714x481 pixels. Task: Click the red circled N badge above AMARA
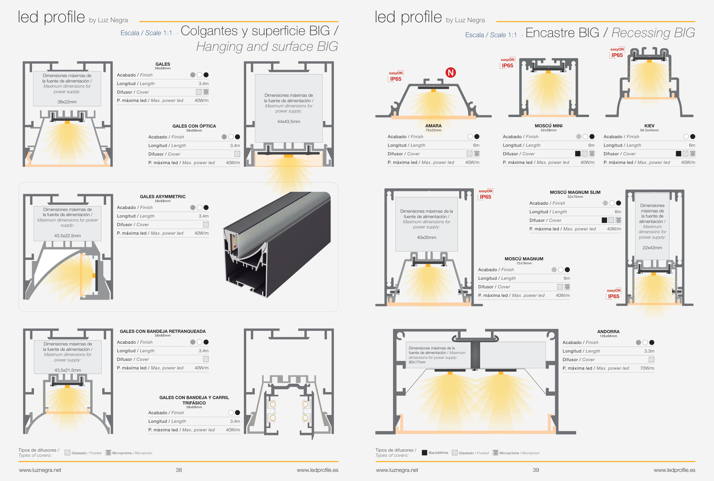pos(450,73)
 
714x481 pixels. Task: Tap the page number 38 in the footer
pos(178,470)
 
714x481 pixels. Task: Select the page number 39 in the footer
pos(536,470)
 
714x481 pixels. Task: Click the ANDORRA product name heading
pos(608,332)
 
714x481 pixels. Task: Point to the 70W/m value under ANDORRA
pos(647,368)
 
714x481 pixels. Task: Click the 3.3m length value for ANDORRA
pos(649,351)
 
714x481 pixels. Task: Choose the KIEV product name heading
pos(649,126)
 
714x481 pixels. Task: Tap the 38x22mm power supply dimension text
pos(67,102)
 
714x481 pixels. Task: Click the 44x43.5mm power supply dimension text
pos(288,122)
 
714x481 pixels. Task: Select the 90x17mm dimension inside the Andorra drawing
pos(417,362)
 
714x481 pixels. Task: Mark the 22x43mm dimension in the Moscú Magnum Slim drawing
pos(652,247)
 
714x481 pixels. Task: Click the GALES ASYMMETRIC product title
pos(163,197)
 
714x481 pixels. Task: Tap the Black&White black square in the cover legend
pos(424,452)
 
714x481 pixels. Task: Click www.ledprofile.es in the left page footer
pos(317,470)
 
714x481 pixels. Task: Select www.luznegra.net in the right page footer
pos(397,470)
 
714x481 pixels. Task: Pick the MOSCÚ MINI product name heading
pos(548,126)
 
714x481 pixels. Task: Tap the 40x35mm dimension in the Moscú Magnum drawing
pos(426,238)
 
